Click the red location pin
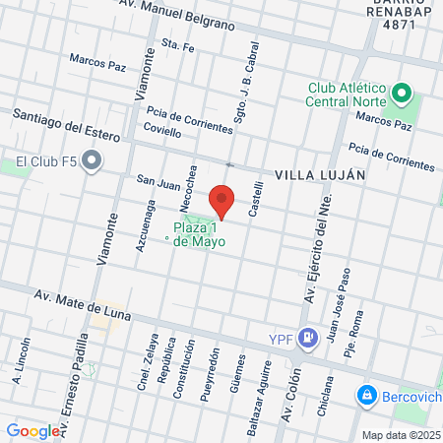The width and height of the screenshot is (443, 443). [x=222, y=200]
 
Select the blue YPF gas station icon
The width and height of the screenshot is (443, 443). [x=308, y=339]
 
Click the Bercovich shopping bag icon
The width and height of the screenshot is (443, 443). [x=366, y=394]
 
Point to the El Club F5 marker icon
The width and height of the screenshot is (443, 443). [x=92, y=160]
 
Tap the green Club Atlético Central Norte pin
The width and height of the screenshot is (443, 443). [x=401, y=95]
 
